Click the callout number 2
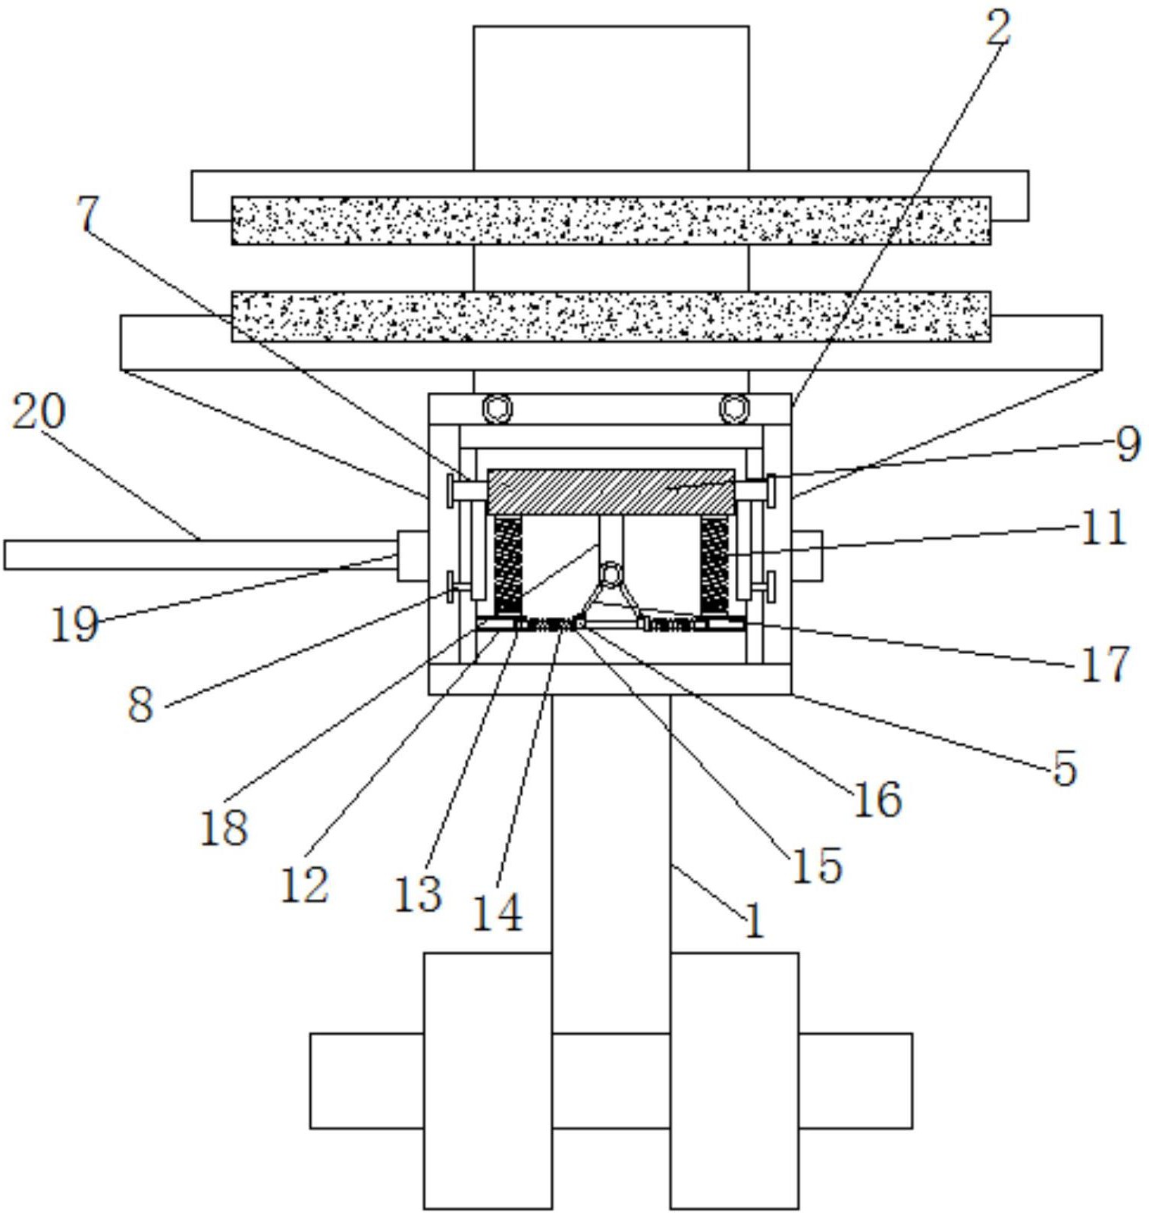(x=998, y=28)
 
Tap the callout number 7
(x=89, y=215)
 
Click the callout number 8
(x=140, y=705)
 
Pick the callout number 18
(x=224, y=827)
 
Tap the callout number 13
(x=418, y=894)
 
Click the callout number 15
(x=816, y=865)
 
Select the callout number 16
(x=877, y=800)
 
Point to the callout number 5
(x=1065, y=768)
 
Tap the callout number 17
(x=1105, y=665)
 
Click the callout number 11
(x=1103, y=528)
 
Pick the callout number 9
(x=1128, y=444)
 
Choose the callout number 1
(x=754, y=922)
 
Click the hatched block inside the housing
(x=611, y=491)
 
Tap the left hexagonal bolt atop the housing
(x=497, y=409)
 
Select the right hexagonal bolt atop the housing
(x=733, y=409)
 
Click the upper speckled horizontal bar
(x=611, y=221)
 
